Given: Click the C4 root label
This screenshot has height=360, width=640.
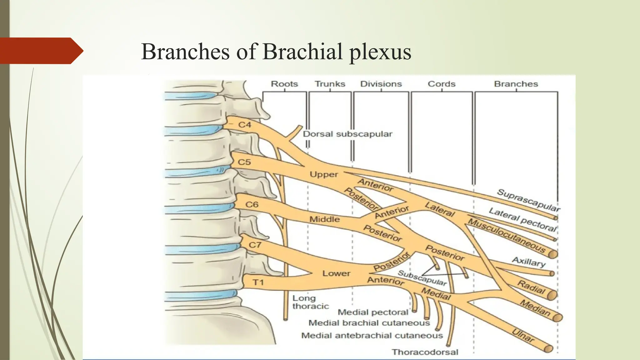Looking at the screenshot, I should tap(245, 125).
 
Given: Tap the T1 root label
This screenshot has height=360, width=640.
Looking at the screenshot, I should tap(258, 282).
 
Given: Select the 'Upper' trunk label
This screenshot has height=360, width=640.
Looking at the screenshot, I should tap(324, 174).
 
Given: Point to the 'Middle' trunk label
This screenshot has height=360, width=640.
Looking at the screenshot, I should tap(324, 219).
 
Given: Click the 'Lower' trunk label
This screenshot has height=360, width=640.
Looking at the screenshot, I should tap(336, 273).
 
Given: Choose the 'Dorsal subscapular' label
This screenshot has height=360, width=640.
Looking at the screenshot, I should tap(347, 134).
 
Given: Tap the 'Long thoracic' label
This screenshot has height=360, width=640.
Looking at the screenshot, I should tap(310, 302).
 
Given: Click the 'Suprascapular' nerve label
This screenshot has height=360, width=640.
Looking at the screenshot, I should tap(528, 200).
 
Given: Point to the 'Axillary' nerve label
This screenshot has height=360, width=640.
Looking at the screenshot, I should tap(528, 262).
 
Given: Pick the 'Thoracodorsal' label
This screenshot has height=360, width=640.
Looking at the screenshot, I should tap(425, 352).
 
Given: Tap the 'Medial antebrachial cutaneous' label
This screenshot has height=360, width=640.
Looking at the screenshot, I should tap(372, 336).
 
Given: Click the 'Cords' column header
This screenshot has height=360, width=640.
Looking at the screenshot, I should tap(441, 84).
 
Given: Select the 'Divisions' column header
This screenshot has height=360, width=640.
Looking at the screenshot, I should tap(381, 84).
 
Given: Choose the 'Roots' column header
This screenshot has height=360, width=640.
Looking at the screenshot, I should tap(284, 84).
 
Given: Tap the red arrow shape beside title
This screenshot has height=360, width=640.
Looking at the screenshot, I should tap(41, 51).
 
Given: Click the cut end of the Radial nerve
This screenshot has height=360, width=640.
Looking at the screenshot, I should tap(552, 295).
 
